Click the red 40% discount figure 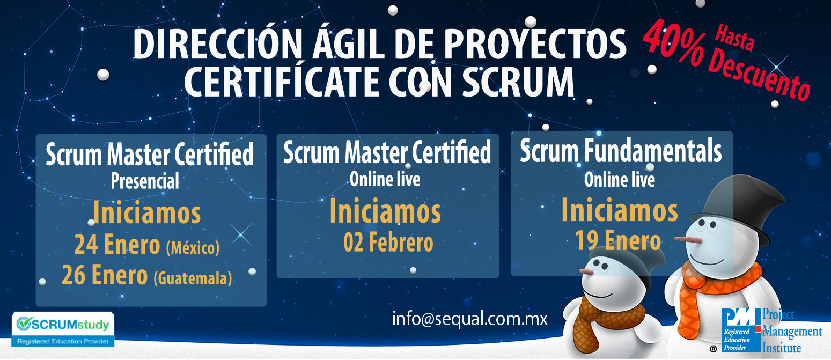(674, 43)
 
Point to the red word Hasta (735, 38)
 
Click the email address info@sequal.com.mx (469, 319)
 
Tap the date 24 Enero (117, 245)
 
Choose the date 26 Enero (105, 275)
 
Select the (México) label (193, 247)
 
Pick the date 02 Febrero (388, 243)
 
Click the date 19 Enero (618, 240)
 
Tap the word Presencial (145, 181)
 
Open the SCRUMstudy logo (63, 329)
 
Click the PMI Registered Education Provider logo (771, 330)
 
